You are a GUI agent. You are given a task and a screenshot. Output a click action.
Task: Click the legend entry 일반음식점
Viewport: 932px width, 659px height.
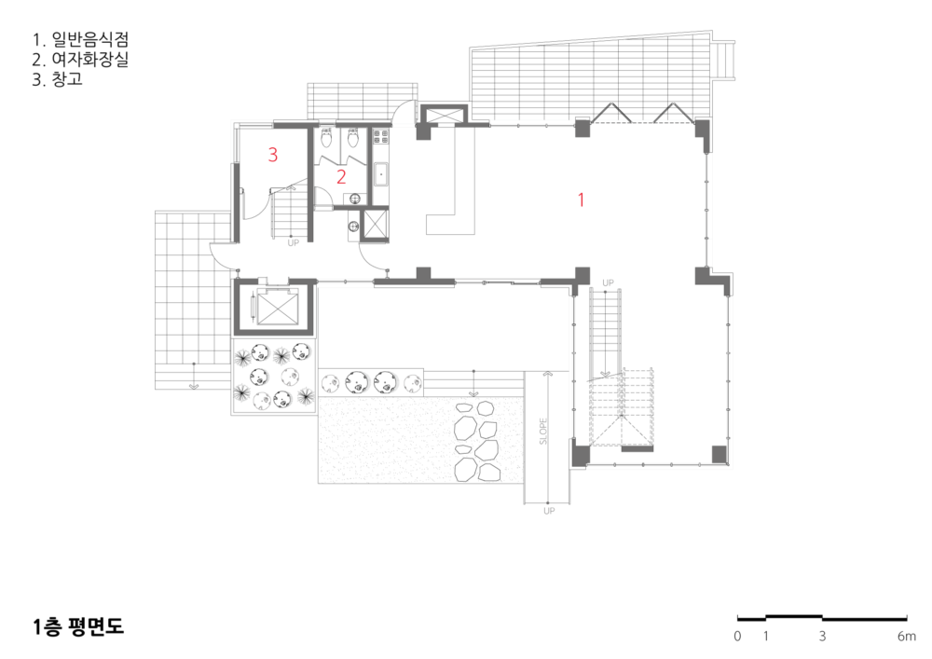tap(89, 40)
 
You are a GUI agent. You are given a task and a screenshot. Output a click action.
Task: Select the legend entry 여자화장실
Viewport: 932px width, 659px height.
tap(89, 60)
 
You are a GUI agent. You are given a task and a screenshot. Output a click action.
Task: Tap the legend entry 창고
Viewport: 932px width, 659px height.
tap(67, 79)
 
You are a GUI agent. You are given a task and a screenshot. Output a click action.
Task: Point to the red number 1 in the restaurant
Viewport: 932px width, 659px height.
tap(581, 199)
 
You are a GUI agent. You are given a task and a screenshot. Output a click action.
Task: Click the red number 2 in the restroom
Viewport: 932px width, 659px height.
tap(341, 176)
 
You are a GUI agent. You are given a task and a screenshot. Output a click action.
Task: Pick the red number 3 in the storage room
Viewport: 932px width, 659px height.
tap(273, 155)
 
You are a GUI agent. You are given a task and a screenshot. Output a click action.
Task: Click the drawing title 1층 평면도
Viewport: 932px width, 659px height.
tap(78, 627)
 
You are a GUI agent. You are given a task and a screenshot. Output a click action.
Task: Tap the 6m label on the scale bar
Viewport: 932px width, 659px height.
tap(907, 637)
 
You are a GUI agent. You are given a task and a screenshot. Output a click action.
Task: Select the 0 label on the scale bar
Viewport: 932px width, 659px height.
tap(737, 637)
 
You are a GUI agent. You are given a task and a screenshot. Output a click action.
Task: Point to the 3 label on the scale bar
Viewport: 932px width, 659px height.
tap(822, 637)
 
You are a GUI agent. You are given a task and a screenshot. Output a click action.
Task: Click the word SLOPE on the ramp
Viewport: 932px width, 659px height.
tap(543, 432)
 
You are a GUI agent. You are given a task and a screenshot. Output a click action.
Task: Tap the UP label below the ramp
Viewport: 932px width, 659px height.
tap(549, 511)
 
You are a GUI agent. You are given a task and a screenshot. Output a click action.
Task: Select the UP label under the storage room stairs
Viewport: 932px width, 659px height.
tap(293, 243)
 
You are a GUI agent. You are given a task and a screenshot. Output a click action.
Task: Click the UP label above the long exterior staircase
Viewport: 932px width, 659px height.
tap(608, 282)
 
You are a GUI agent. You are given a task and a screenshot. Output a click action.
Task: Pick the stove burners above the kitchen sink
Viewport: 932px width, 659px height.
tap(380, 137)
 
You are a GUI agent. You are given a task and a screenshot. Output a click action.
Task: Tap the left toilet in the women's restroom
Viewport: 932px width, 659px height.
tap(326, 139)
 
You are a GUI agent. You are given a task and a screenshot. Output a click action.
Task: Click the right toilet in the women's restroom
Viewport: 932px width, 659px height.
tap(353, 139)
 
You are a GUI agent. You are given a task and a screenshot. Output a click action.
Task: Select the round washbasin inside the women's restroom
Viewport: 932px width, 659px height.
tap(355, 199)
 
